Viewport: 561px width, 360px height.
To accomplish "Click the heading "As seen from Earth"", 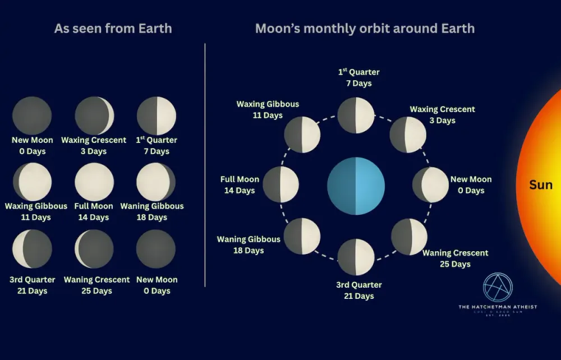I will pyautogui.click(x=113, y=29).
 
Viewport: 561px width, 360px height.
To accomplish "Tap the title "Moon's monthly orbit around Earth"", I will pyautogui.click(x=365, y=29).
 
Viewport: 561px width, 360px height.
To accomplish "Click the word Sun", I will pyautogui.click(x=541, y=185).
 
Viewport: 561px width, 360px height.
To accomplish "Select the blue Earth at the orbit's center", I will pyautogui.click(x=356, y=186).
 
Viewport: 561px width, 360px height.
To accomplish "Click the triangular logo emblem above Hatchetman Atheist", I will pyautogui.click(x=498, y=288).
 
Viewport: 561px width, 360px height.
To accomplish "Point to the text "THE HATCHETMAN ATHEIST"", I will pyautogui.click(x=498, y=307).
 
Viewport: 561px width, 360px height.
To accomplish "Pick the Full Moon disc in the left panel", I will pyautogui.click(x=94, y=182).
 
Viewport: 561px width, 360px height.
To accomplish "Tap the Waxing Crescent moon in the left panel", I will pyautogui.click(x=94, y=116).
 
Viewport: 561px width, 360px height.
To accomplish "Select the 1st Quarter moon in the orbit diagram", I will pyautogui.click(x=356, y=116).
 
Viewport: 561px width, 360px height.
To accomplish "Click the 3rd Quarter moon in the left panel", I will pyautogui.click(x=32, y=249).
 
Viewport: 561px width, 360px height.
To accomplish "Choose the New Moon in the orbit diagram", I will pyautogui.click(x=430, y=185).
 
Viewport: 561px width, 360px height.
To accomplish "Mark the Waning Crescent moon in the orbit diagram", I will pyautogui.click(x=409, y=237).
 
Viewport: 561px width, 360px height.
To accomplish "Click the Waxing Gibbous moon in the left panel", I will pyautogui.click(x=32, y=182).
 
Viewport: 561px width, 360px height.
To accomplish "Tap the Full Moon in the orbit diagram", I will pyautogui.click(x=280, y=185).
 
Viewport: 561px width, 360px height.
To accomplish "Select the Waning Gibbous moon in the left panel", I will pyautogui.click(x=156, y=182).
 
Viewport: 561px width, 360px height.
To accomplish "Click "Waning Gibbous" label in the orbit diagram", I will pyautogui.click(x=249, y=239).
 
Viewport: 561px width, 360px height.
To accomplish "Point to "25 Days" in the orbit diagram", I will pyautogui.click(x=454, y=264).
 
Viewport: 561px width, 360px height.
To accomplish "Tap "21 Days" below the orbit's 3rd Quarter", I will pyautogui.click(x=358, y=296).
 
